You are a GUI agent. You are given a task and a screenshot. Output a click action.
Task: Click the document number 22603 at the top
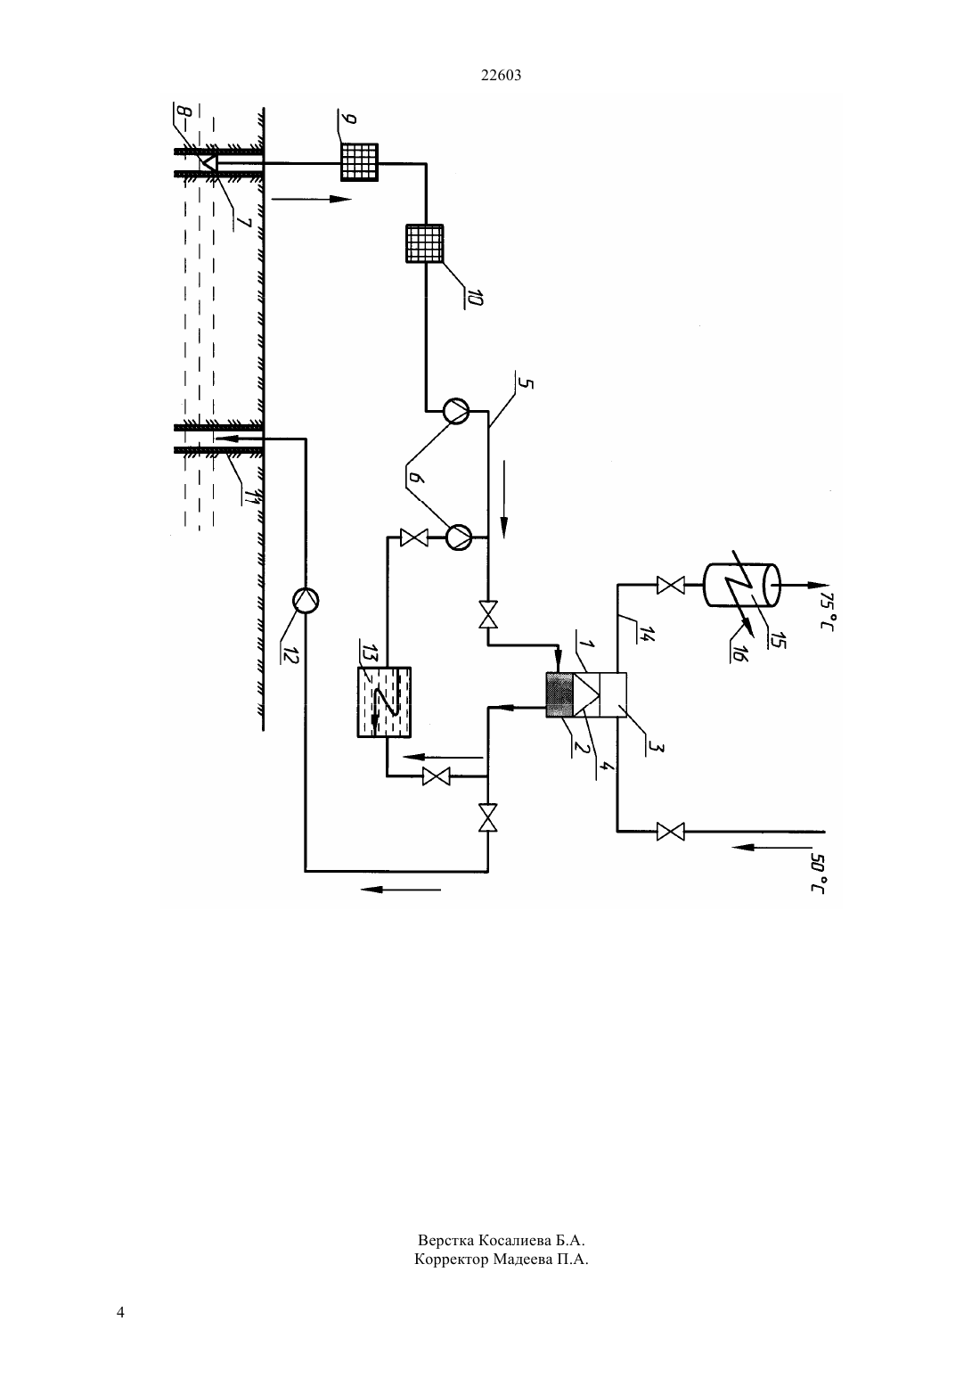point(501,75)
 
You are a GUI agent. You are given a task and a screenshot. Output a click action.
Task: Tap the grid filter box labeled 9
point(359,162)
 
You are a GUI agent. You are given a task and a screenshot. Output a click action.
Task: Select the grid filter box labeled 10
point(424,243)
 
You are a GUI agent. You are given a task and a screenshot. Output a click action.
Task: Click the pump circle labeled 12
point(306,600)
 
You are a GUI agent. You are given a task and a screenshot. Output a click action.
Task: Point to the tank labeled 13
point(384,702)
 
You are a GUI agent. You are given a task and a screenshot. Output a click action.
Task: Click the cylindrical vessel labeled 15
point(742,584)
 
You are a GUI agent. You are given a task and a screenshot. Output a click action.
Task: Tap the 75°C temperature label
point(828,611)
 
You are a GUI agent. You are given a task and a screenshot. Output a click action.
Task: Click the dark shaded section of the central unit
point(559,694)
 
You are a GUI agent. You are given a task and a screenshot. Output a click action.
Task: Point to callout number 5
point(524,384)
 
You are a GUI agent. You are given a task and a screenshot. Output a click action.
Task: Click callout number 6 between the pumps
point(414,477)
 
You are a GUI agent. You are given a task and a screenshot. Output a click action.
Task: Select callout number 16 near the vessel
point(739,652)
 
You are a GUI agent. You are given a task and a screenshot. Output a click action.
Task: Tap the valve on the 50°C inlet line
point(670,832)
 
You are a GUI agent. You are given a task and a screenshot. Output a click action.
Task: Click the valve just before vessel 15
point(670,585)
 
